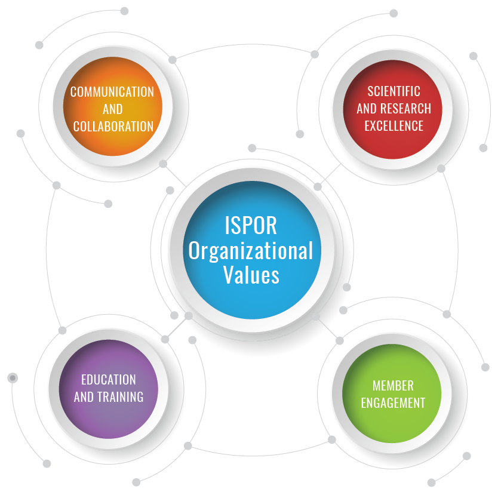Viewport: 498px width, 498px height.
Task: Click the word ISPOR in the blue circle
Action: (251, 226)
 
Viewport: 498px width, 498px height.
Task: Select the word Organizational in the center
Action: (251, 251)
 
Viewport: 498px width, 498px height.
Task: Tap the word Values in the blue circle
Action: (251, 275)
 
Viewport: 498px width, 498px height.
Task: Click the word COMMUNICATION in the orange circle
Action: (112, 92)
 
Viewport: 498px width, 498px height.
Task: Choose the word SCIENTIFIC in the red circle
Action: (394, 91)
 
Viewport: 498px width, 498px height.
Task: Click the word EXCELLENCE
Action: (394, 126)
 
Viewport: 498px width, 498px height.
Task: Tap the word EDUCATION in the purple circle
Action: (109, 380)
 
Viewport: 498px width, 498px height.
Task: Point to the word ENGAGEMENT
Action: (393, 402)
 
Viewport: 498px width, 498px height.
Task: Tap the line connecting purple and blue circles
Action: (176, 327)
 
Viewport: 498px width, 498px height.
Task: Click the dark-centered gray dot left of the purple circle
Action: (13, 378)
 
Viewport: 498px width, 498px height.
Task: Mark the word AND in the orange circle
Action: (112, 109)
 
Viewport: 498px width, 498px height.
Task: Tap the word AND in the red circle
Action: (366, 109)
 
